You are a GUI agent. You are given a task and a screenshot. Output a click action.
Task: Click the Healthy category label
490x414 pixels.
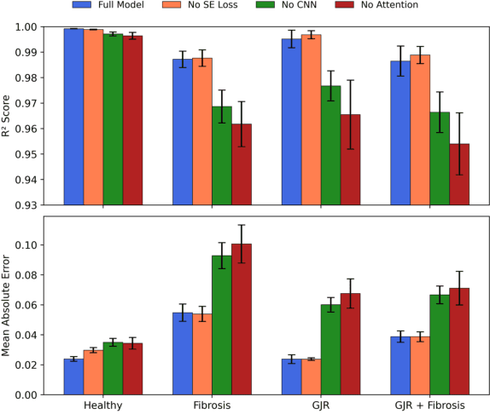(x=102, y=405)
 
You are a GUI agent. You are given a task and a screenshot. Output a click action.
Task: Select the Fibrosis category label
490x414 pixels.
(x=212, y=405)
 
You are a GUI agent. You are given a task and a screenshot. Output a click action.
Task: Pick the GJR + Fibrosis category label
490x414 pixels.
(x=429, y=405)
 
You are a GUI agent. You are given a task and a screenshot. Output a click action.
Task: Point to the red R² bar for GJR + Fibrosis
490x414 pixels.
(x=459, y=175)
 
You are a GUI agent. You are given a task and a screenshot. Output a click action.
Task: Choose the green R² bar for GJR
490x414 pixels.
(x=330, y=145)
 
